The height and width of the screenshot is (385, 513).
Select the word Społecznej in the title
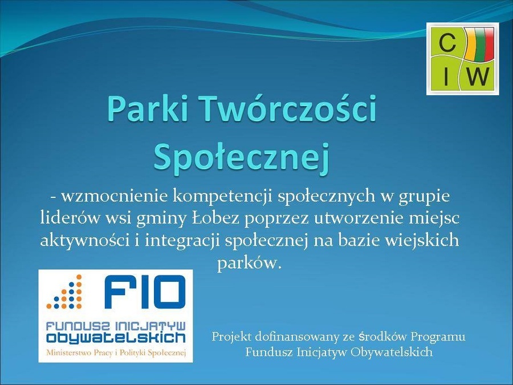coord(241,158)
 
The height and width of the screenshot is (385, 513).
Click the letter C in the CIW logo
coord(447,43)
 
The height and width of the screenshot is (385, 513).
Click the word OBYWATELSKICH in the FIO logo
coord(116,337)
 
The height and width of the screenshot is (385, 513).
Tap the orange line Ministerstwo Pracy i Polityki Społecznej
coord(116,352)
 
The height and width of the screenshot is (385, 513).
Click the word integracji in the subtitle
coord(182,241)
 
